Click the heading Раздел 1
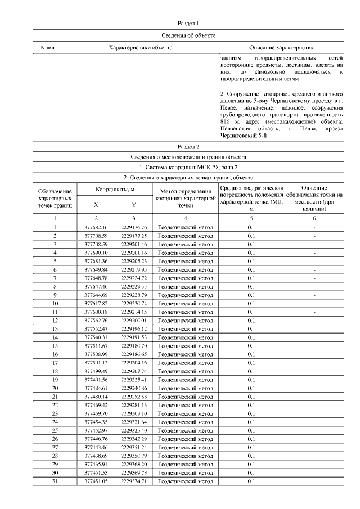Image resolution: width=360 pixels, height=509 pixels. tap(188, 23)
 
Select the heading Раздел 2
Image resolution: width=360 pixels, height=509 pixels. tap(188, 146)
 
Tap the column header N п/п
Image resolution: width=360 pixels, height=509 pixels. tap(47, 48)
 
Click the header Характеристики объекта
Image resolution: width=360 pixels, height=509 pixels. tap(140, 48)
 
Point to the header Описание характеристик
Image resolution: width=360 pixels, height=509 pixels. tap(281, 48)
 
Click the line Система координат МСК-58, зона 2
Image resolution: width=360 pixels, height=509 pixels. tap(188, 167)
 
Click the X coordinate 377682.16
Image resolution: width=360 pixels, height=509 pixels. tap(96, 227)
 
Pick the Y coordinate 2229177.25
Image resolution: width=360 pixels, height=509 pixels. tap(133, 236)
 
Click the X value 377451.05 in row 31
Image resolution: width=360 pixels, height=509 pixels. tap(96, 481)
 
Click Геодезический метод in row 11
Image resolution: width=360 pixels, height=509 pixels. tap(185, 312)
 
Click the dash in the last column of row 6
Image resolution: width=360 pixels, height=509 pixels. tap(314, 269)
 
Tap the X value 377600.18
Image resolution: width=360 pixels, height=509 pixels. tap(96, 312)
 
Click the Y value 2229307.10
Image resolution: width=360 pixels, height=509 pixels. tap(133, 413)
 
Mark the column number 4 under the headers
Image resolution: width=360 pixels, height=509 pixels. tap(185, 218)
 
